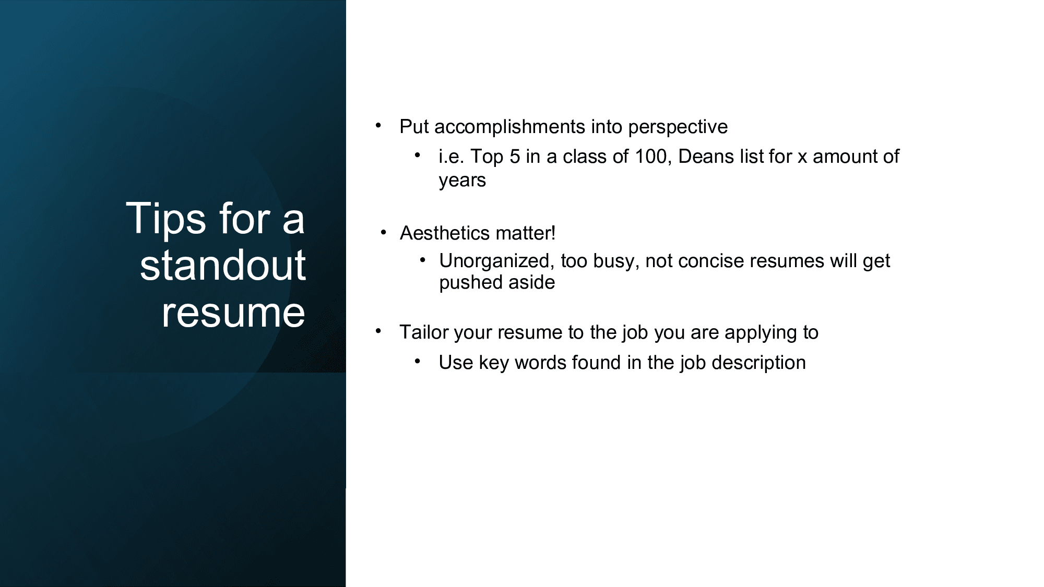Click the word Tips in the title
pos(166,219)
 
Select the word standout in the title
pos(223,265)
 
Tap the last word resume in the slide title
pos(233,313)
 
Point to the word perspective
pos(678,127)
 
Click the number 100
pos(651,157)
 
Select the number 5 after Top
pos(515,157)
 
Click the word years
pos(462,181)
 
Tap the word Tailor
pos(424,332)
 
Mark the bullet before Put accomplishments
pos(378,125)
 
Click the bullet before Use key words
pos(418,361)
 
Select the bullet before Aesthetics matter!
pos(384,232)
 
